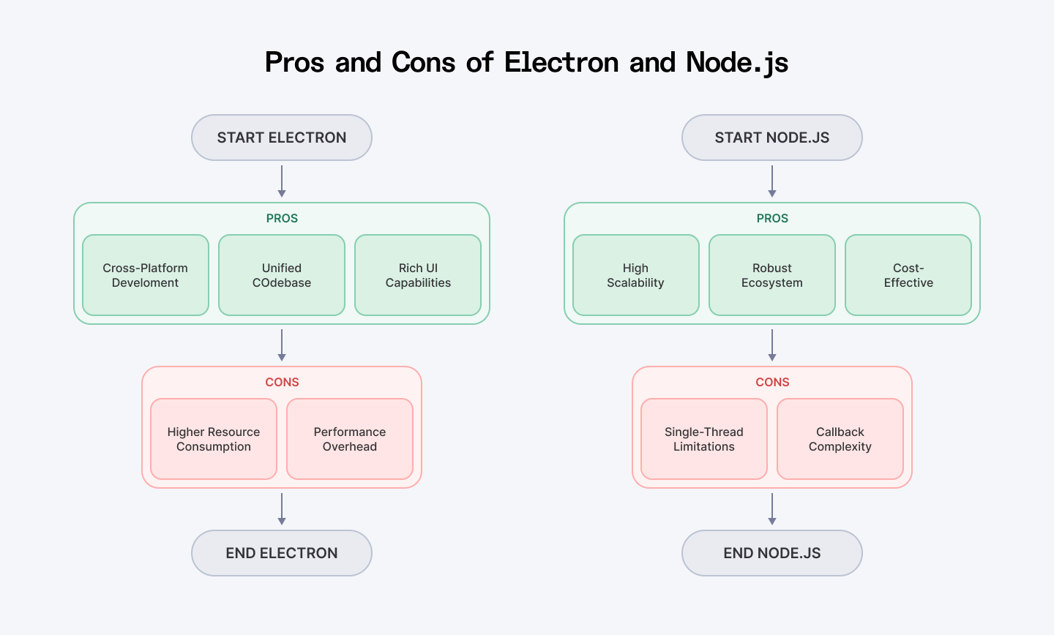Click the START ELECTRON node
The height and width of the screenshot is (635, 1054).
click(282, 138)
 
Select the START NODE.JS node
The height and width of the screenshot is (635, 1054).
click(772, 138)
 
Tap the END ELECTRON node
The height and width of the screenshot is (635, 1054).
click(282, 553)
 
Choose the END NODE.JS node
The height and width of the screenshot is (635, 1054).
click(772, 553)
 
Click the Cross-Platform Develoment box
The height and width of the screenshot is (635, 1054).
click(146, 275)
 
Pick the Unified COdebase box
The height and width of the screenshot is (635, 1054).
click(282, 275)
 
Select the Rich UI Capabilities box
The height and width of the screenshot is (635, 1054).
click(418, 275)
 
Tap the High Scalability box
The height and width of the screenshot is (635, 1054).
click(636, 275)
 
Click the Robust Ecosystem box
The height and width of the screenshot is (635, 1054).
click(772, 275)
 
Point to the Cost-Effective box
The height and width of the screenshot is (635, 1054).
click(908, 275)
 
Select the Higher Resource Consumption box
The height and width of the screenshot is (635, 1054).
click(214, 439)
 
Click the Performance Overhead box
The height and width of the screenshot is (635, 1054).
click(350, 439)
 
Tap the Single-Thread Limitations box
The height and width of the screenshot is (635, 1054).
click(704, 439)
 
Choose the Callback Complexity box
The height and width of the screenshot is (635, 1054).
click(840, 439)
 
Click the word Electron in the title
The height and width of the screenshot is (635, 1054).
click(561, 63)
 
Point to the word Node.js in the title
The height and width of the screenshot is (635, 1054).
click(737, 63)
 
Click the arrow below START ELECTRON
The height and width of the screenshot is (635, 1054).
click(282, 181)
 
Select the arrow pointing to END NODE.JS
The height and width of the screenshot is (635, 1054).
click(772, 509)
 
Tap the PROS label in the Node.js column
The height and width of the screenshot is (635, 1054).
click(772, 218)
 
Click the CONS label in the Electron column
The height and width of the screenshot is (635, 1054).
click(282, 382)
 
